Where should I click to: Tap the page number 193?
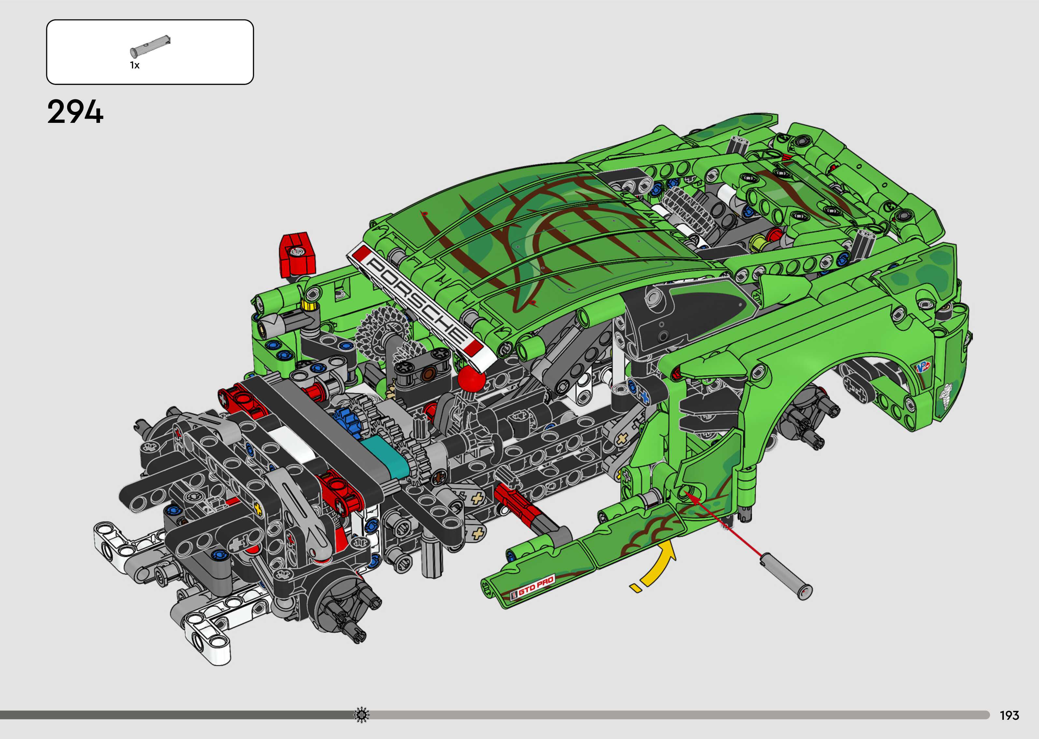[x=1009, y=715]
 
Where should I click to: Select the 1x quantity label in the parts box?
[x=135, y=65]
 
